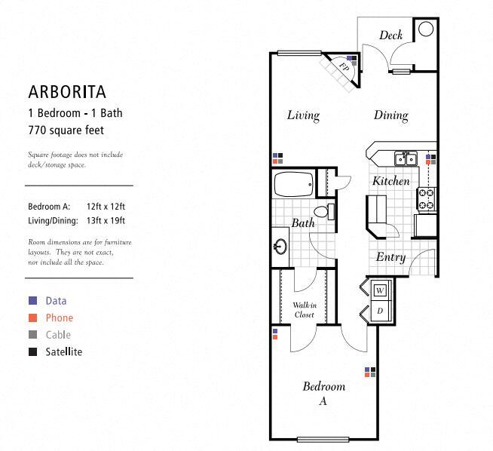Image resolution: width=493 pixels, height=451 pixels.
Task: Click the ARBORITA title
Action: (x=67, y=92)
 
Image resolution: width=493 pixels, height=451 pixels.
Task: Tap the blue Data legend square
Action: (x=32, y=301)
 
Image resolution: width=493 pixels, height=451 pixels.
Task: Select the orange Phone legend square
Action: (x=32, y=318)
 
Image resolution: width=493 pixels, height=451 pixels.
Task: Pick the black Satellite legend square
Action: (x=32, y=351)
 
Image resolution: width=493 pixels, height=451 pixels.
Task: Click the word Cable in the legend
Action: (x=58, y=335)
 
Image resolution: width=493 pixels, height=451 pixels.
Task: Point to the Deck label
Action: (x=390, y=35)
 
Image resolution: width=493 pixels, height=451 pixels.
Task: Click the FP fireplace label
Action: (x=344, y=67)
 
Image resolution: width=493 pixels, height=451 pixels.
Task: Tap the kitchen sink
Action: (x=406, y=158)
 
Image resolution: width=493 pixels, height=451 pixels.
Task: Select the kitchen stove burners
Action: (x=427, y=198)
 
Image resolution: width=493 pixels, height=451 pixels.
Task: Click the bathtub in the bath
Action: (x=294, y=184)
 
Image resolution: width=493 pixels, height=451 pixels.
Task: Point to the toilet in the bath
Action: (x=324, y=211)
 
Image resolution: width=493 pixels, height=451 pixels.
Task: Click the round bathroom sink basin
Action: (x=280, y=247)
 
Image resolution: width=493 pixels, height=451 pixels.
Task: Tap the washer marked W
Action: (x=380, y=290)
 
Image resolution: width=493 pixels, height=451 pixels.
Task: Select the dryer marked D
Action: (x=380, y=311)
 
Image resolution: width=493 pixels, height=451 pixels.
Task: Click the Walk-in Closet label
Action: (x=305, y=310)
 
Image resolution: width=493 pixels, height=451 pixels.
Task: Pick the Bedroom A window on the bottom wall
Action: (x=323, y=439)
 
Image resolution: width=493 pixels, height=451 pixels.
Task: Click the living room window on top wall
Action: (x=299, y=54)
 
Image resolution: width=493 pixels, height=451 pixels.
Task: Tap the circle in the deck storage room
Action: (x=426, y=29)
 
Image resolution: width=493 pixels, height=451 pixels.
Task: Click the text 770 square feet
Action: (x=66, y=130)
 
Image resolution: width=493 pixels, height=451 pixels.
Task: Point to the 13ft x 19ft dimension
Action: (x=106, y=220)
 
